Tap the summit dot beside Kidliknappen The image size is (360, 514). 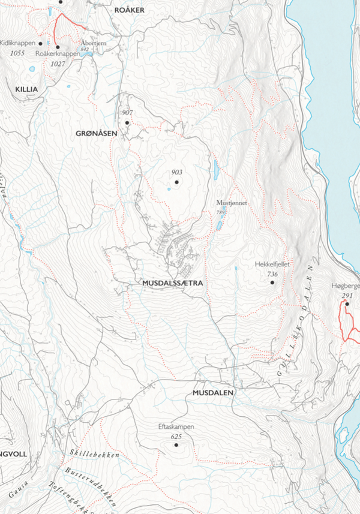pyautogui.click(x=40, y=44)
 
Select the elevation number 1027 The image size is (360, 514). pyautogui.click(x=58, y=64)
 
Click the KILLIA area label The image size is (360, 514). pyautogui.click(x=26, y=89)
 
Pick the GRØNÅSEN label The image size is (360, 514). pyautogui.click(x=96, y=133)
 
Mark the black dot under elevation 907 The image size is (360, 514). pyautogui.click(x=127, y=122)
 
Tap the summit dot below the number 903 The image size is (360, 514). pyautogui.click(x=177, y=181)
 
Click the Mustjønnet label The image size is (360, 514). pyautogui.click(x=232, y=203)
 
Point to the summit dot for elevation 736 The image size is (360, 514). pyautogui.click(x=272, y=282)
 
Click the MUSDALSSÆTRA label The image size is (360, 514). pyautogui.click(x=173, y=282)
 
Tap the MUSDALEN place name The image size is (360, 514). pyautogui.click(x=213, y=393)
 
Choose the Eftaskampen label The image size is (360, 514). pyautogui.click(x=176, y=427)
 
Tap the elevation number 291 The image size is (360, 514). pyautogui.click(x=347, y=296)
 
